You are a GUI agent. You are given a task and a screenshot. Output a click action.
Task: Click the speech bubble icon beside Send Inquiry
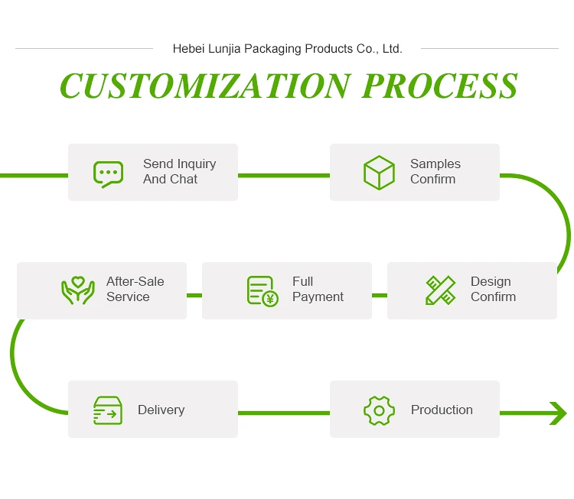[x=108, y=173]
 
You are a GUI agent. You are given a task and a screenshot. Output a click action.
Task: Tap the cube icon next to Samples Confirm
[x=379, y=173]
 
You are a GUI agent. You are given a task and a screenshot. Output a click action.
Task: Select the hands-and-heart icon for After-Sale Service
[x=77, y=290]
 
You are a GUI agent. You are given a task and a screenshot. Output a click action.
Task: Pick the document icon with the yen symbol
[x=262, y=291]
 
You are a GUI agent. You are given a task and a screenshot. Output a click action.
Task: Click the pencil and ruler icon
[x=440, y=290]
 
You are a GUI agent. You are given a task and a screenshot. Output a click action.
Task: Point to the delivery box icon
[x=108, y=410]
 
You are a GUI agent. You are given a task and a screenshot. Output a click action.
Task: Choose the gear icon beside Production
[x=379, y=410]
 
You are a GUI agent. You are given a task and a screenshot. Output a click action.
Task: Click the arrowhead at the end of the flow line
[x=557, y=413]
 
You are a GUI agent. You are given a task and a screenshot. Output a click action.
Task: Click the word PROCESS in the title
[x=440, y=86]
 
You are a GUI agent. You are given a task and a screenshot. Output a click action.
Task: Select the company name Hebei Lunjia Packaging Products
[x=287, y=49]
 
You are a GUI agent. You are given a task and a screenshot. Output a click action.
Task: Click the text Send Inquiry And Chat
[x=179, y=172]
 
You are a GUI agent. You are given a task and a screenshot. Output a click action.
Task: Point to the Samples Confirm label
[x=435, y=172]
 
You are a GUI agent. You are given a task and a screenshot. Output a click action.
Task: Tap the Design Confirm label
[x=493, y=290]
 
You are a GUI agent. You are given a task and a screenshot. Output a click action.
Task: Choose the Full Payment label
[x=318, y=290]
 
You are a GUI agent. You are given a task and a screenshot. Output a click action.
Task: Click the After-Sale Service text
[x=135, y=290]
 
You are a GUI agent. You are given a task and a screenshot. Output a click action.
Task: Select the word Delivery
[x=161, y=410]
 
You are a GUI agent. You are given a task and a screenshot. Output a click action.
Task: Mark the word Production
[x=442, y=410]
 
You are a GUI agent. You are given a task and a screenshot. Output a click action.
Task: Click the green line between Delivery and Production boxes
[x=283, y=413]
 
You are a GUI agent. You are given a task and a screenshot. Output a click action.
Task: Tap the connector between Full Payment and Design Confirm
[x=380, y=295]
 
